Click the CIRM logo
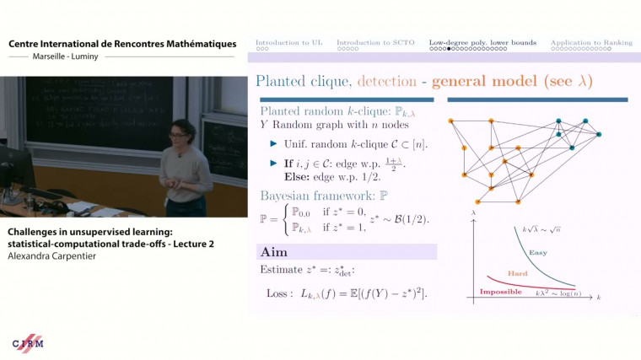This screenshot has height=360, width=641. pyautogui.click(x=28, y=343)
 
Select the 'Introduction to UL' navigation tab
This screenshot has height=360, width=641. pyautogui.click(x=288, y=42)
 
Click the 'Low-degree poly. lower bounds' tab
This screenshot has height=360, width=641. pyautogui.click(x=482, y=42)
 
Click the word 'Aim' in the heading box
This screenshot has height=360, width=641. pyautogui.click(x=274, y=252)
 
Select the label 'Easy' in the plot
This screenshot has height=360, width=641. pyautogui.click(x=537, y=252)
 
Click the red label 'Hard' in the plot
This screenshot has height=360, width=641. pyautogui.click(x=518, y=273)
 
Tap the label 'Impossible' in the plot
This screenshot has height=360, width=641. pyautogui.click(x=499, y=292)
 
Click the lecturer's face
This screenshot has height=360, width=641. pyautogui.click(x=185, y=136)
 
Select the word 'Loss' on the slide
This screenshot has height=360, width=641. pyautogui.click(x=279, y=292)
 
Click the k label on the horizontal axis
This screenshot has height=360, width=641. pyautogui.click(x=598, y=298)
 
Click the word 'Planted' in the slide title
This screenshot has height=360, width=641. pyautogui.click(x=283, y=82)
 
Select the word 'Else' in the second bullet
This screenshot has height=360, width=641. pyautogui.click(x=285, y=175)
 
